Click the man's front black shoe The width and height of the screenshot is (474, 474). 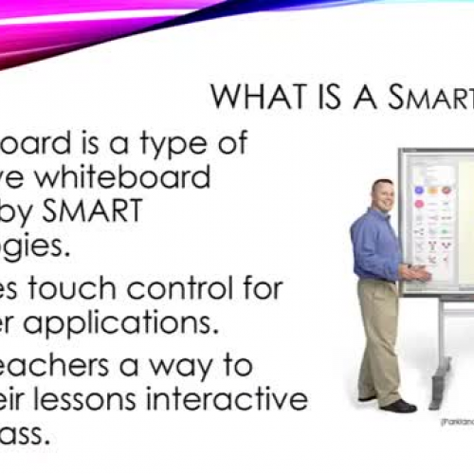(x=399, y=406)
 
